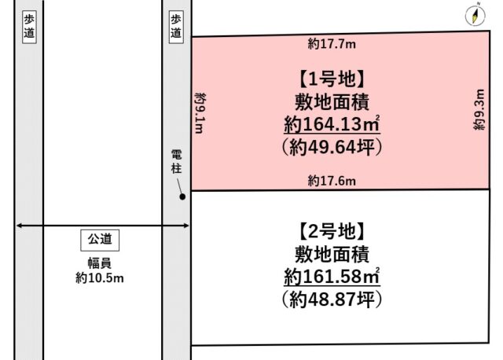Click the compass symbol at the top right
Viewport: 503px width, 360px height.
(x=476, y=15)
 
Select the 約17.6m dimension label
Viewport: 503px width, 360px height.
(x=331, y=181)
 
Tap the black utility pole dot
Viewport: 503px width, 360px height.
(x=182, y=197)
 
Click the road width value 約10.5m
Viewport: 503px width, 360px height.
(x=100, y=277)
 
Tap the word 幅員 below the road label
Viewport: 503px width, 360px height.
(x=100, y=263)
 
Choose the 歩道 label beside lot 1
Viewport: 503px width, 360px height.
(x=176, y=28)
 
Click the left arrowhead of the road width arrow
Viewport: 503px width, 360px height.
(x=18, y=227)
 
